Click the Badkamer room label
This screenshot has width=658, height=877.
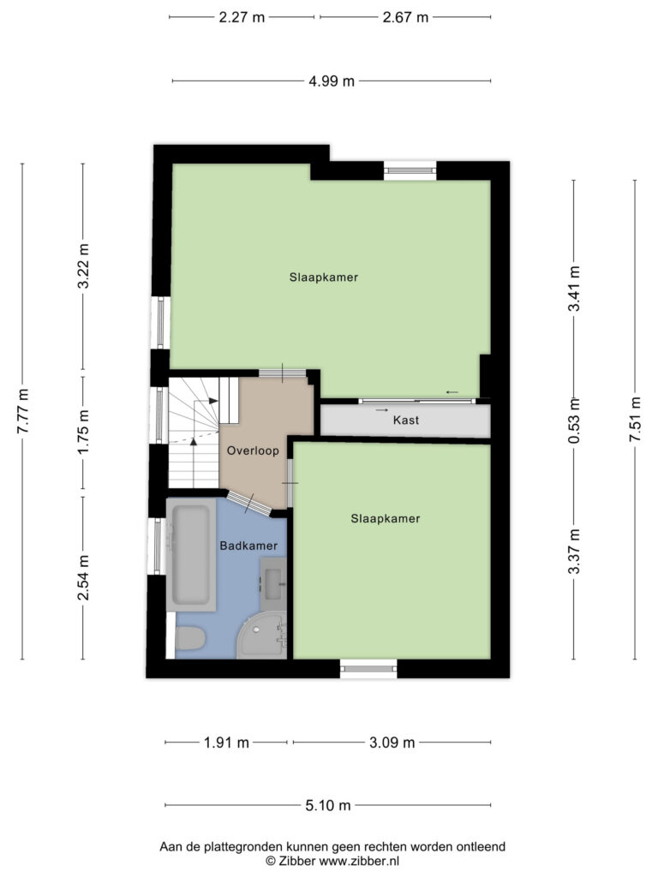click(248, 546)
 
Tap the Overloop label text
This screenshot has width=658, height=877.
click(253, 450)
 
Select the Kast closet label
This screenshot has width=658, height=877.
click(405, 420)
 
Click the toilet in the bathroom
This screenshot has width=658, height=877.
click(190, 637)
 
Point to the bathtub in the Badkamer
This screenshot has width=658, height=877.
click(191, 555)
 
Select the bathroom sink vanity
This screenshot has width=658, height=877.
click(273, 584)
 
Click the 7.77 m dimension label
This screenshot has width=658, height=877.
click(22, 411)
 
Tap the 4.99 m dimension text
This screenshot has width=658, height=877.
click(332, 81)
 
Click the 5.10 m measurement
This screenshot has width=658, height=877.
click(328, 805)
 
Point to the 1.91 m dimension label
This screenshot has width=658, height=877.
click(226, 743)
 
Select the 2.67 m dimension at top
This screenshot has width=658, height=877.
click(405, 17)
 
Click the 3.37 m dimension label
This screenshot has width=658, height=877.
click(574, 552)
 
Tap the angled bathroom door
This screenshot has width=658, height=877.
click(249, 503)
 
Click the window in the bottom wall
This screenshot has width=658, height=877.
click(368, 668)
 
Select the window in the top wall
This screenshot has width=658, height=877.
click(410, 170)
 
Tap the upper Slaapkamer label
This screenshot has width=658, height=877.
click(323, 277)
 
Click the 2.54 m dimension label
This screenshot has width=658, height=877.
click(83, 577)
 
